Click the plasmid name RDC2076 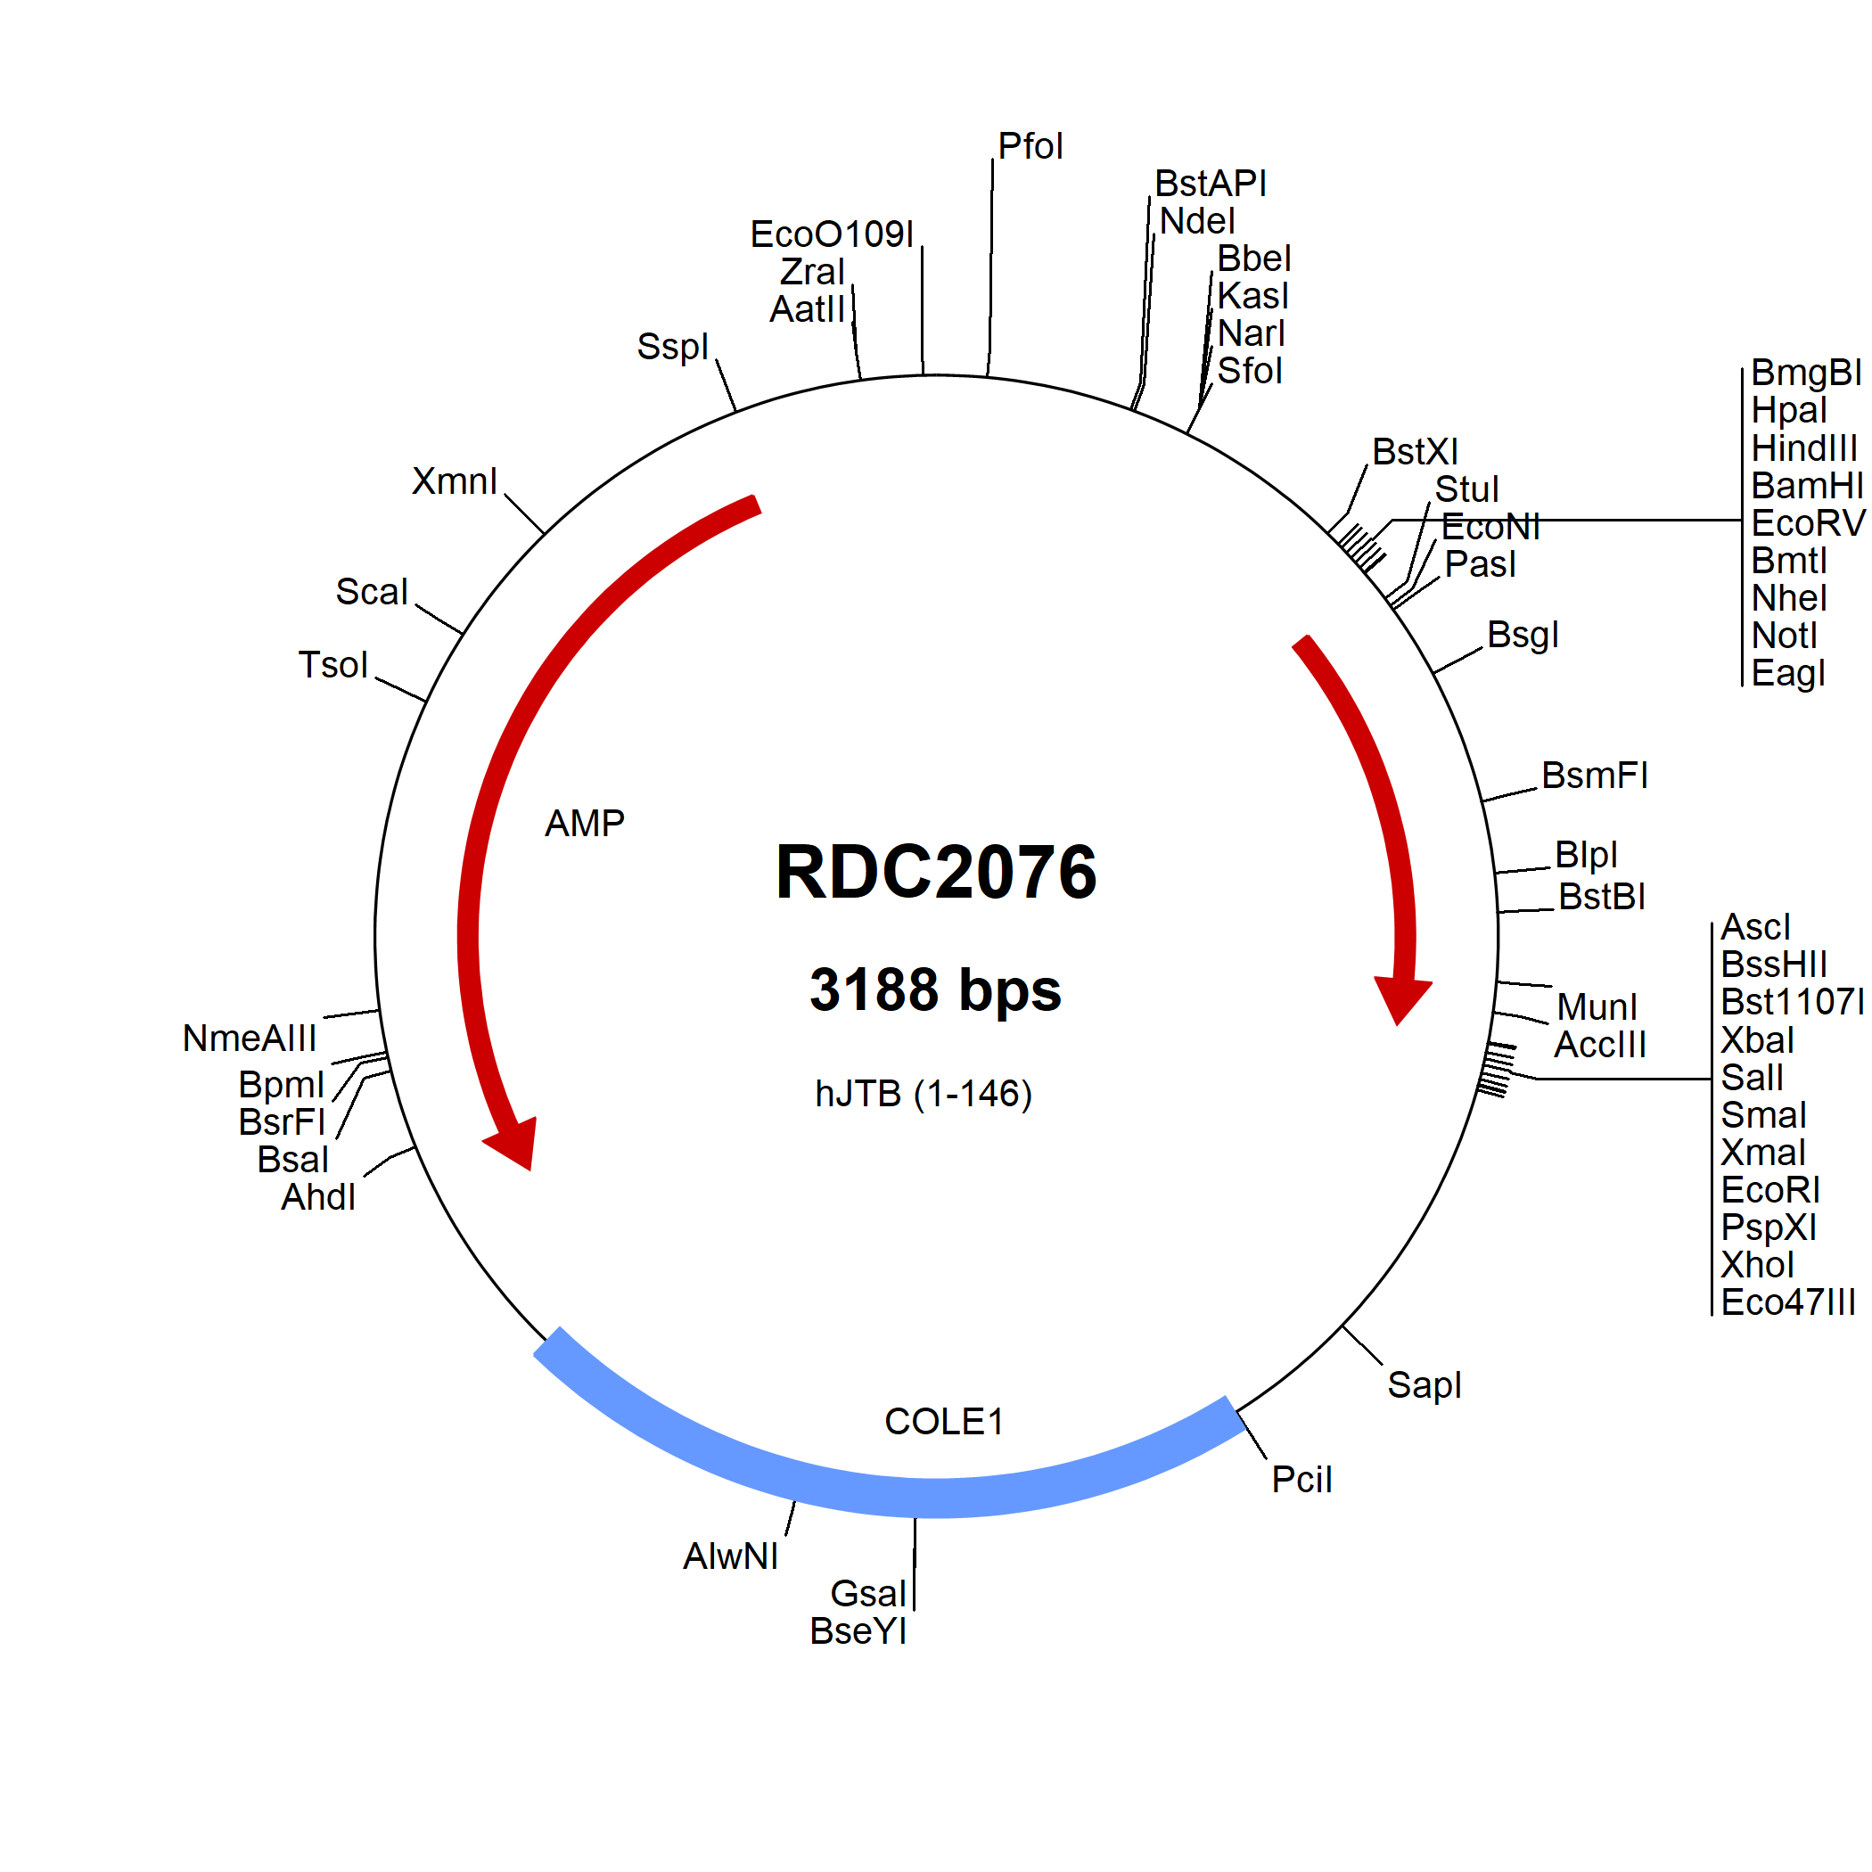[x=936, y=872]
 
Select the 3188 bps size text [x=935, y=990]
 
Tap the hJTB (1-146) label [x=924, y=1094]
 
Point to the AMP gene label [x=584, y=824]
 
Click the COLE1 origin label [x=944, y=1422]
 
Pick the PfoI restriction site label [x=1031, y=146]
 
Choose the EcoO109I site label [x=832, y=234]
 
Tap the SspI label [x=672, y=347]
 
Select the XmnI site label [x=455, y=481]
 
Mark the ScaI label [x=372, y=592]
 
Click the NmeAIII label [x=249, y=1039]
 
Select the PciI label [x=1301, y=1480]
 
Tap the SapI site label [x=1425, y=1384]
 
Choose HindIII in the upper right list [x=1804, y=448]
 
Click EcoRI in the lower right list [x=1770, y=1190]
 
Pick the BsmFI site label [x=1595, y=776]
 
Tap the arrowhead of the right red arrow [x=1402, y=1001]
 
